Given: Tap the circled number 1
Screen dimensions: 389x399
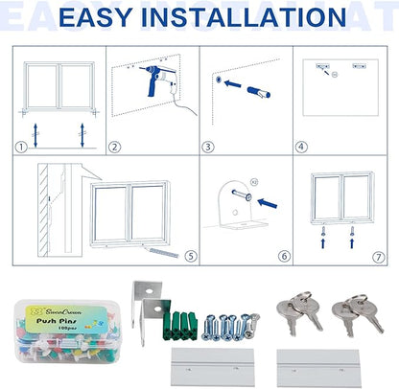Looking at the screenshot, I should click(x=21, y=148).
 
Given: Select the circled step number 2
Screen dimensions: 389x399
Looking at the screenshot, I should click(x=114, y=148).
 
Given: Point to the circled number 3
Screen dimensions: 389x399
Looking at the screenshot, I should click(x=208, y=148).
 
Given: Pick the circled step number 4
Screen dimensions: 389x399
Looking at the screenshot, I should click(x=300, y=148).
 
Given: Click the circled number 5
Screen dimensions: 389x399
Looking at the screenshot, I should click(x=191, y=256).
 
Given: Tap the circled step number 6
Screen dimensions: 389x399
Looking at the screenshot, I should click(x=285, y=256).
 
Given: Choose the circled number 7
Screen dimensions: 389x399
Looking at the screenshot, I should click(x=378, y=256).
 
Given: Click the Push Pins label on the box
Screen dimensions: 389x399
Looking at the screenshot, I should click(x=57, y=324).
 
